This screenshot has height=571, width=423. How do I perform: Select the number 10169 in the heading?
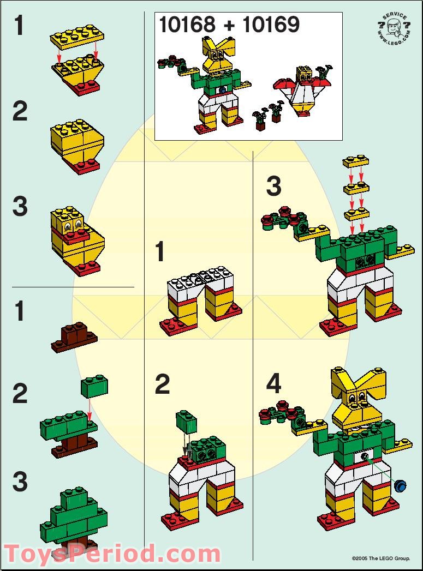271,25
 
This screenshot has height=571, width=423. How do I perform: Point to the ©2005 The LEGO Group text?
380,558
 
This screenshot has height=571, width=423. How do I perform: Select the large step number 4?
273,384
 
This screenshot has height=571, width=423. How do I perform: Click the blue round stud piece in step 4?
402,485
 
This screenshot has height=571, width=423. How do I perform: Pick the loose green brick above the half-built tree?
94,386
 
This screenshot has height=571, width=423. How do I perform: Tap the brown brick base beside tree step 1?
75,336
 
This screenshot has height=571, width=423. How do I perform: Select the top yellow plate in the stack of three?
356,161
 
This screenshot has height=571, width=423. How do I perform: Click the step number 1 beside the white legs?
160,253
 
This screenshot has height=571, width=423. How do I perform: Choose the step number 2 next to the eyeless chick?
20,112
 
